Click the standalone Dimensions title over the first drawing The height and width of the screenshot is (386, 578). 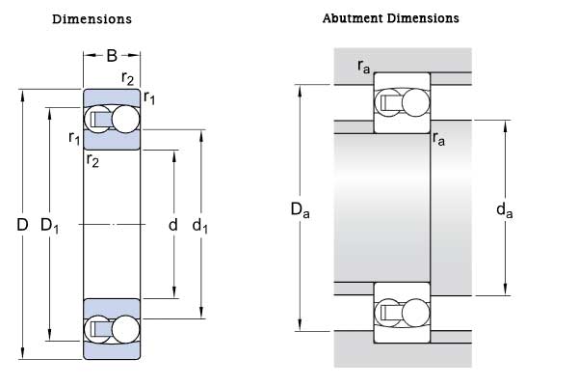coord(92,19)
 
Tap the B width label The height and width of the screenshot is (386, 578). coord(112,55)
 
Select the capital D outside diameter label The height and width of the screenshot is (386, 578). coord(21,225)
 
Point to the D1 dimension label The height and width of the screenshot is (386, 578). coord(50,226)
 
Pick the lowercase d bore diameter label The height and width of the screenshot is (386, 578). coord(173,225)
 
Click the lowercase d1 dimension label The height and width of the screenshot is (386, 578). coord(199,226)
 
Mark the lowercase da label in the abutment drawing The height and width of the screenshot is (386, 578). coord(503,208)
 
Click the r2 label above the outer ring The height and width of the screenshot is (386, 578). coord(127,78)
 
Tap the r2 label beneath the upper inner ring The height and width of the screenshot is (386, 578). coord(92,160)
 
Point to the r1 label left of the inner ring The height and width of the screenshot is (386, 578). coord(74,138)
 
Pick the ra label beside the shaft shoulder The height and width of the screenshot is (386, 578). coord(439,139)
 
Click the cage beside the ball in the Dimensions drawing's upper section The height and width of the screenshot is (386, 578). coord(98,119)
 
